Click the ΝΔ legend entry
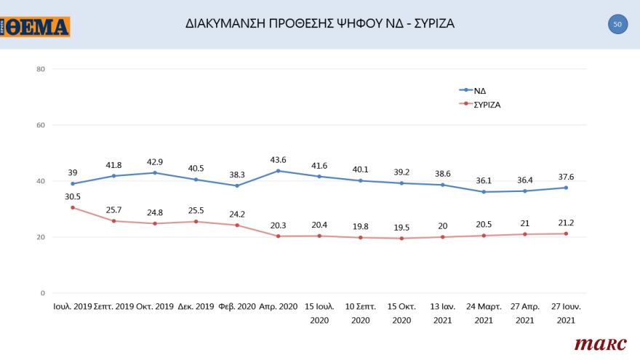[x=480, y=91]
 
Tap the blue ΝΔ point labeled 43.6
[x=279, y=171]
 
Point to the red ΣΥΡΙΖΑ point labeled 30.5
[x=73, y=207]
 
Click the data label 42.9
[x=154, y=161]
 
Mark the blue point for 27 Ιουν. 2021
[x=566, y=188]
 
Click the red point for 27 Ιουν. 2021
[x=566, y=233]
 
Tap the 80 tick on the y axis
[x=41, y=69]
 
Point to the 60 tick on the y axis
[x=41, y=125]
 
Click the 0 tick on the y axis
[x=43, y=293]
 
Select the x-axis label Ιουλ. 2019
[x=73, y=307]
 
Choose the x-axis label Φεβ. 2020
[x=238, y=307]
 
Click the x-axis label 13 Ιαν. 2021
[x=442, y=313]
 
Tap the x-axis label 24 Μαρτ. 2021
[x=484, y=313]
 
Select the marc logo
[x=600, y=343]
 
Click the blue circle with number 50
[x=617, y=24]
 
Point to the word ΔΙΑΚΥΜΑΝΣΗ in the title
[x=228, y=23]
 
